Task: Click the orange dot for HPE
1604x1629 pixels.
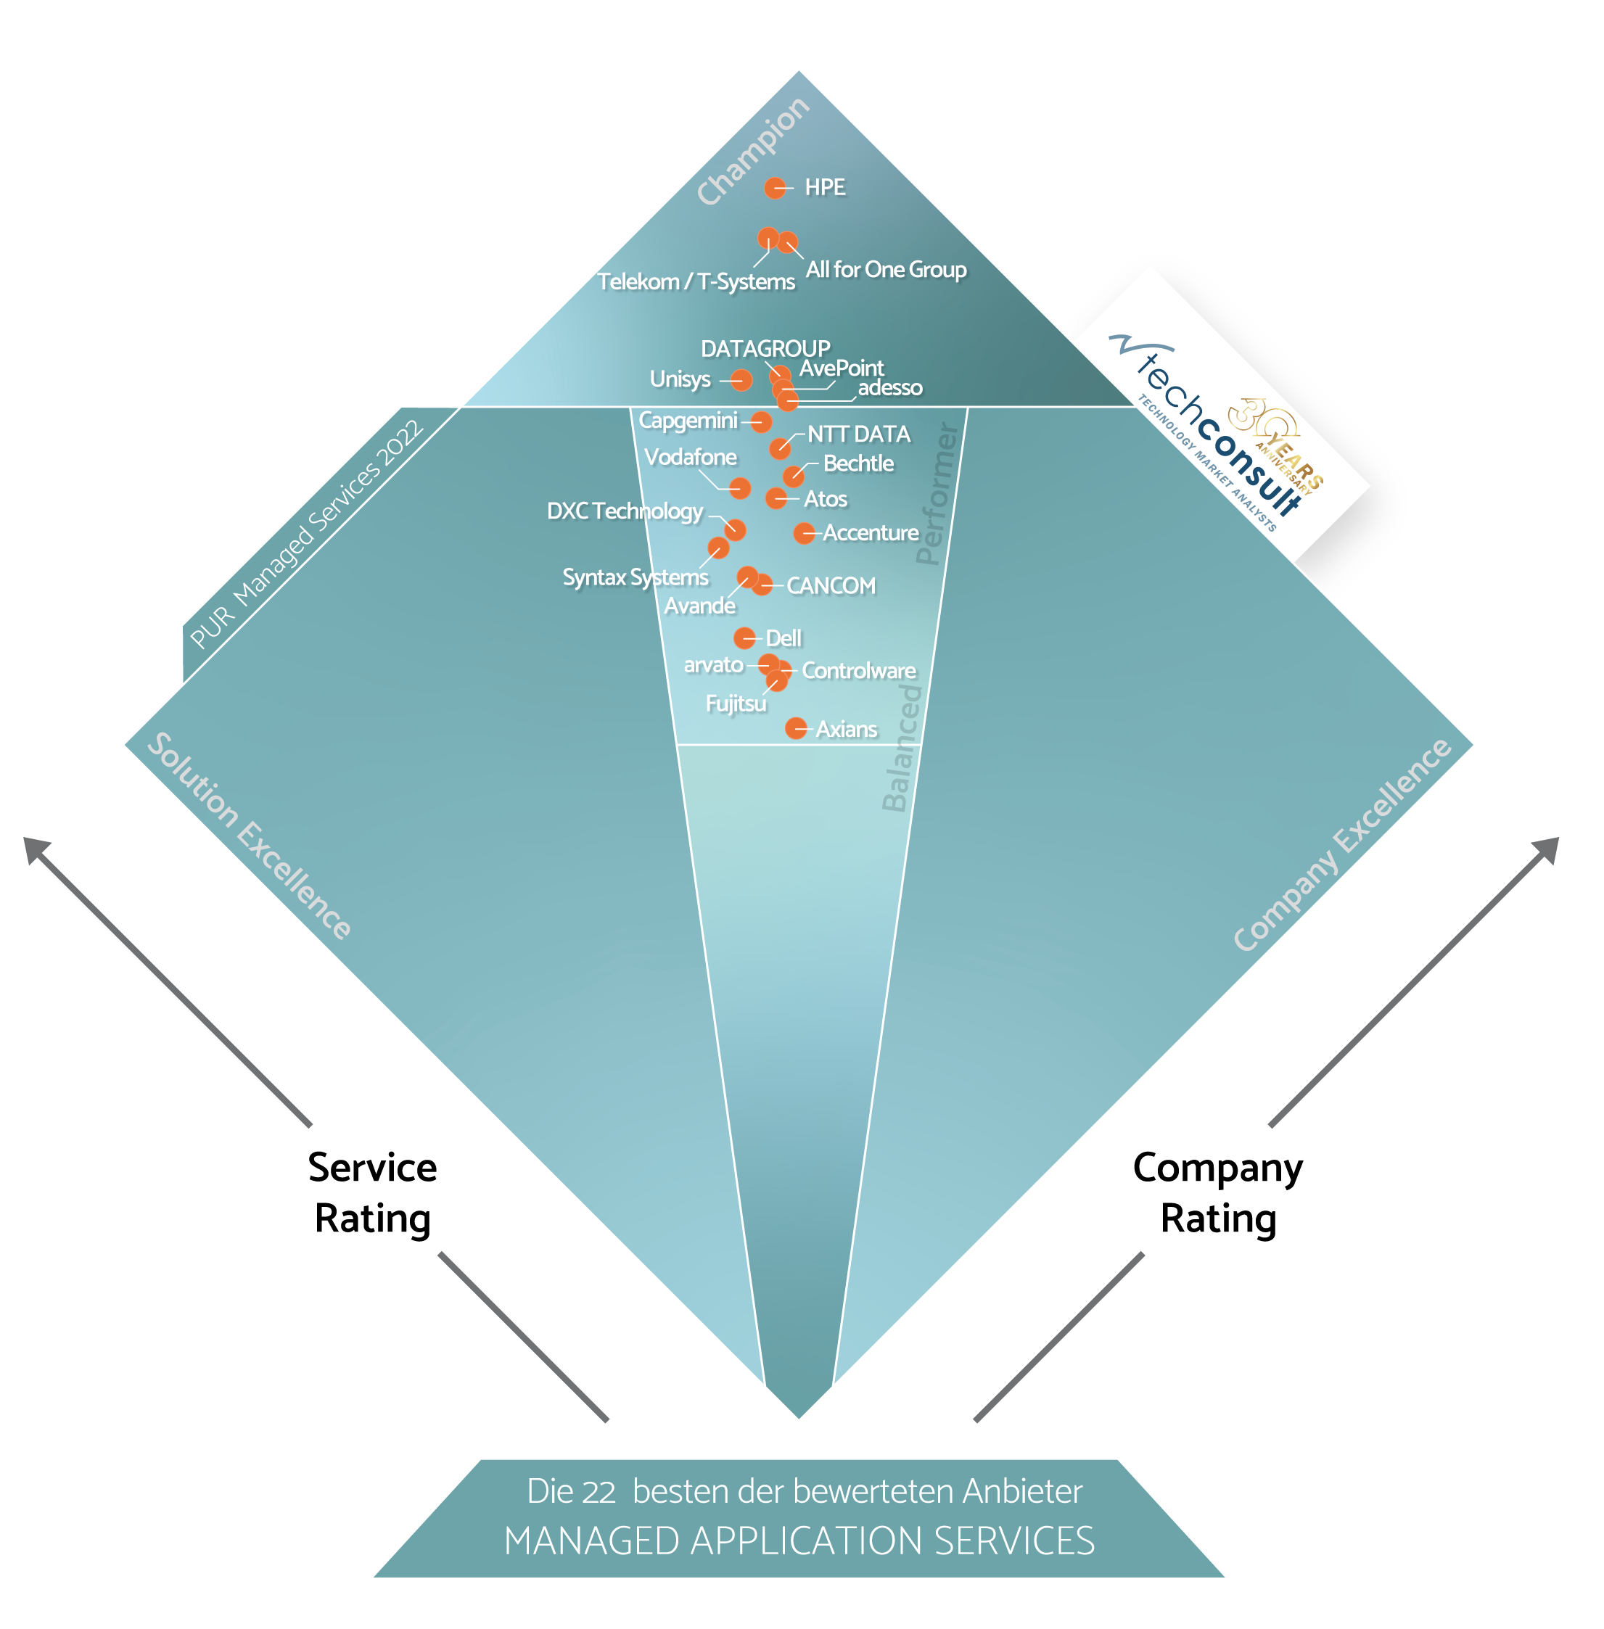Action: click(775, 188)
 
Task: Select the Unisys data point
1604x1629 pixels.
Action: click(741, 380)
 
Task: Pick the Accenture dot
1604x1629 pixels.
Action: click(805, 532)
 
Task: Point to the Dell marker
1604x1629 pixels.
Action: click(744, 638)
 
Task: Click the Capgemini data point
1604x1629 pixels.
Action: click(761, 421)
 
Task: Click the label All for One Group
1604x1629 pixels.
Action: click(887, 270)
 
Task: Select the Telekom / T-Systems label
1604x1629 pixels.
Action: click(696, 281)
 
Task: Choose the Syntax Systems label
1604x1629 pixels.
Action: click(636, 577)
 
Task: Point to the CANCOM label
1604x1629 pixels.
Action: click(831, 585)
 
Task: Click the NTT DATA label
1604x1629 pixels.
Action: click(858, 434)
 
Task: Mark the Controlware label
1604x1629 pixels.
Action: click(858, 670)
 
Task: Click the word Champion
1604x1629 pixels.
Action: click(753, 151)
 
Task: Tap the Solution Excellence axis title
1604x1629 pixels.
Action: click(250, 836)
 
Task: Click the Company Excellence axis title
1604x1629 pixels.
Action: click(1342, 845)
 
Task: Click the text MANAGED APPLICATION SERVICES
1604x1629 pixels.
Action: click(799, 1541)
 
